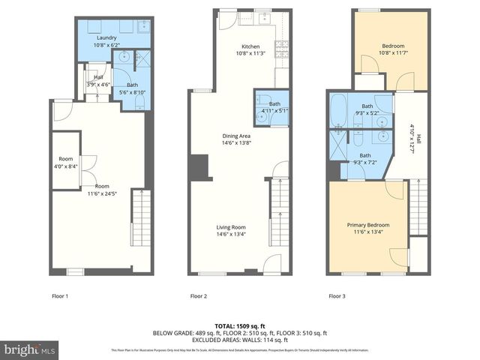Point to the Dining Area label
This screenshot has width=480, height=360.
pyautogui.click(x=241, y=136)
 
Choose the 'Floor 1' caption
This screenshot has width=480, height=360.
pyautogui.click(x=59, y=296)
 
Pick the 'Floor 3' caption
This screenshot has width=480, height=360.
pyautogui.click(x=338, y=296)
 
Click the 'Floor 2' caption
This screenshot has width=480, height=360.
pyautogui.click(x=199, y=296)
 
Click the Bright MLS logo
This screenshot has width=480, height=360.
pyautogui.click(x=30, y=349)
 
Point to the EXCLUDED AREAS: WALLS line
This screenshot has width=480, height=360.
pyautogui.click(x=240, y=339)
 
